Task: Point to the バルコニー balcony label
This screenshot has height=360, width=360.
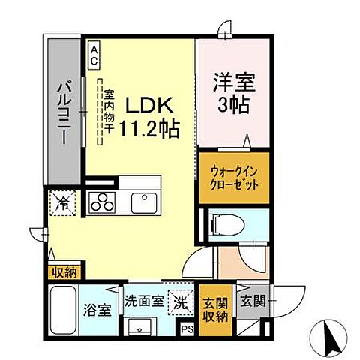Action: tap(65, 113)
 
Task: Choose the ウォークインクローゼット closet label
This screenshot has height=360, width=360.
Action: tap(233, 177)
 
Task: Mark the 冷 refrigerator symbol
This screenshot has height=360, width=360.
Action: tap(64, 202)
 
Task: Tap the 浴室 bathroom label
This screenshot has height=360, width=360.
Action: tap(103, 307)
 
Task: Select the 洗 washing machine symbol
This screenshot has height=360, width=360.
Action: tap(181, 301)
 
